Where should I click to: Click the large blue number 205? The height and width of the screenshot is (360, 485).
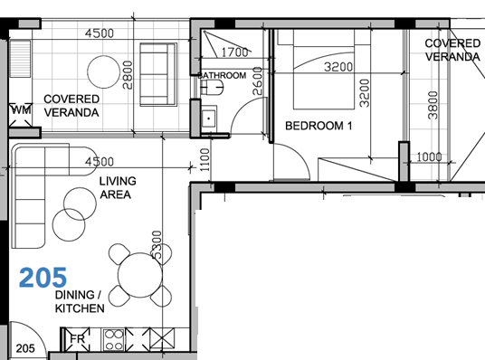tap(43, 277)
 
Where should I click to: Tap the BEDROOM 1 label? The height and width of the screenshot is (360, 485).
tap(318, 126)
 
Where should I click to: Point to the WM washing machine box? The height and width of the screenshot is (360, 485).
tap(20, 110)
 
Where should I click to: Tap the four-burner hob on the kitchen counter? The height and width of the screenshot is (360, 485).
tap(116, 341)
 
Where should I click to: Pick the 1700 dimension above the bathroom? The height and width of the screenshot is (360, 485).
tap(234, 52)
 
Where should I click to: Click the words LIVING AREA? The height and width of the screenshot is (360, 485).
tap(116, 187)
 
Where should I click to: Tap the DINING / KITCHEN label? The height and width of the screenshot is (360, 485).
tap(80, 302)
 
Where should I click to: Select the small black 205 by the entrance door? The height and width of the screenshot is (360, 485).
tap(24, 348)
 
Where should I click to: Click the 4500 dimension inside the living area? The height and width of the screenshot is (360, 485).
tap(98, 162)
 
